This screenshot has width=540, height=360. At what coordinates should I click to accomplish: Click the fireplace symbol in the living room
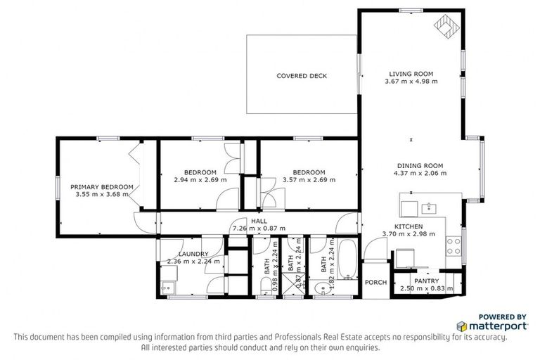click(x=445, y=28)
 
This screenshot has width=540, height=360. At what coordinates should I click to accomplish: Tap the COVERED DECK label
click(x=301, y=76)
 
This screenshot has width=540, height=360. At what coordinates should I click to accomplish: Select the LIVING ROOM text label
click(x=411, y=74)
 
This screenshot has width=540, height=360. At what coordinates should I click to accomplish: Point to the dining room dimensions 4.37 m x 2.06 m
click(x=420, y=173)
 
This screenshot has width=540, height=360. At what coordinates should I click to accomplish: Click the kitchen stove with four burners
click(x=454, y=245)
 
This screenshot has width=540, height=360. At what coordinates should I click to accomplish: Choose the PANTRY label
click(x=426, y=281)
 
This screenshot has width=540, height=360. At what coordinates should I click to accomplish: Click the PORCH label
click(x=375, y=283)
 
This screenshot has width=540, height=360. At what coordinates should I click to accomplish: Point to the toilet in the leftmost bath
click(x=261, y=285)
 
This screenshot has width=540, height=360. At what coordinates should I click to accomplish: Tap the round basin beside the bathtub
click(x=320, y=286)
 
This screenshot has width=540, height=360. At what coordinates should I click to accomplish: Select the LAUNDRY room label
click(x=193, y=254)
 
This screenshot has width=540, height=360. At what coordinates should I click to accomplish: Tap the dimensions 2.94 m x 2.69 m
click(x=200, y=180)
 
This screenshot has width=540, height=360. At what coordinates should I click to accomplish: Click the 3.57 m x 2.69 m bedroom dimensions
click(x=309, y=180)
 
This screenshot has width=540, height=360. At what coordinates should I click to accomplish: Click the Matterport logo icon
click(x=462, y=326)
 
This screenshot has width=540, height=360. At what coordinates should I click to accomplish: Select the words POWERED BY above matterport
click(x=502, y=316)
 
